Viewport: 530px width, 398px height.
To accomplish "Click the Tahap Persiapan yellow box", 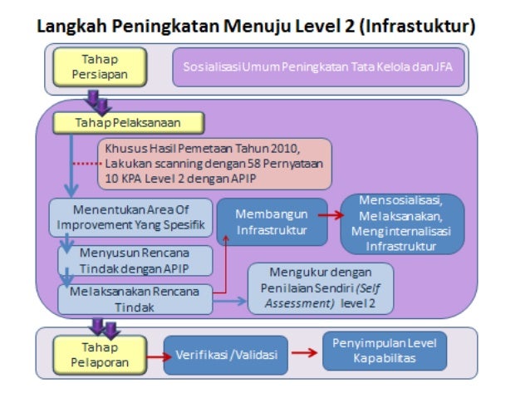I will coord(100,67).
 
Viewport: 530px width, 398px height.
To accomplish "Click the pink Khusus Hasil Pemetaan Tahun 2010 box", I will coord(214,164).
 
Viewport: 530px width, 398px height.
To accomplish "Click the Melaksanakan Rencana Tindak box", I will coord(133,297).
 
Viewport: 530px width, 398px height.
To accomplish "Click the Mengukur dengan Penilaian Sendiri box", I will coord(320,288).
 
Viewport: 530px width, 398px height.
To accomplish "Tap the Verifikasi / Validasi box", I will coord(225,355).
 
